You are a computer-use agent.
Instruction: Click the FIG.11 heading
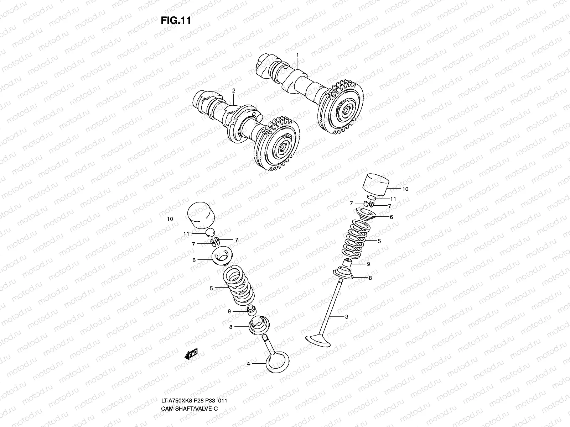tap(176, 21)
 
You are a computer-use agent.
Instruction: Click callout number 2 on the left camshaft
tap(234, 91)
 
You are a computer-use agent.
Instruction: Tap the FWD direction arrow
tap(191, 355)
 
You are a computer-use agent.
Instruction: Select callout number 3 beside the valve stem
tap(347, 316)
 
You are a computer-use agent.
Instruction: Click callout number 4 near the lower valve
tap(248, 364)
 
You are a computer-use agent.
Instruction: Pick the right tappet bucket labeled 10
tap(375, 184)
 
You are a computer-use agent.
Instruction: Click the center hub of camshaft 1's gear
tap(345, 112)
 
